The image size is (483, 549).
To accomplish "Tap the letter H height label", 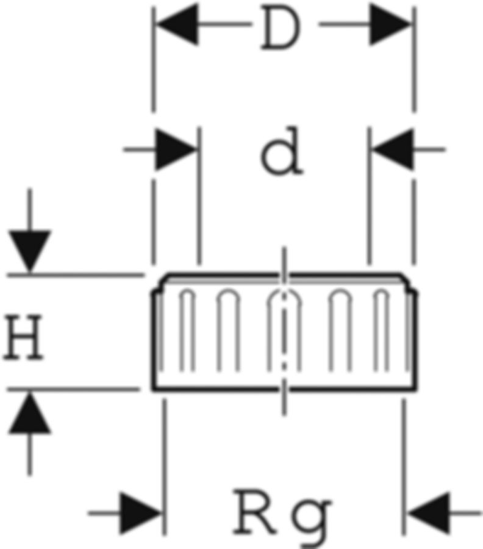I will pos(24,340).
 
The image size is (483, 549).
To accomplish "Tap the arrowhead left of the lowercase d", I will pos(177,149).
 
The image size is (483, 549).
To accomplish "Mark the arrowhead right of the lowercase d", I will pos(392,149).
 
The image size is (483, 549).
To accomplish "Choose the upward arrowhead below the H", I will pos(29,412).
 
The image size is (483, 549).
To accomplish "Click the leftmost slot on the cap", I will pos(187,329).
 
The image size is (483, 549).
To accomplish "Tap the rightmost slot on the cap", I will pos(382,329).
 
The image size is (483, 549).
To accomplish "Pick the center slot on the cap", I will pos(282,329).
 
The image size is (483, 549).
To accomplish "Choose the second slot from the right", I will pos(340,329).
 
